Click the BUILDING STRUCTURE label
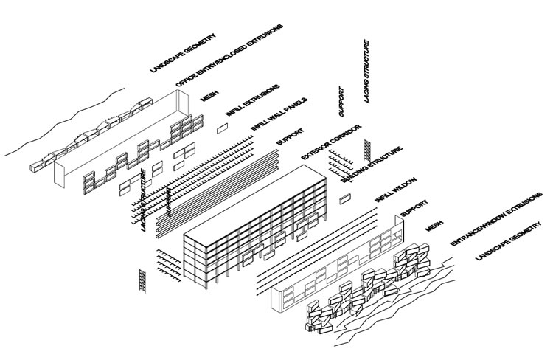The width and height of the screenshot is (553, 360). (x=372, y=165)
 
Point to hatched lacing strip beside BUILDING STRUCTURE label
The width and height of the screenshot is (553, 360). (x=366, y=150)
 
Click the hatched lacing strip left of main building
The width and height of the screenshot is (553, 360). (x=142, y=280)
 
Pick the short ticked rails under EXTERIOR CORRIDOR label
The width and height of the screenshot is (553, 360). (x=341, y=161)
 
